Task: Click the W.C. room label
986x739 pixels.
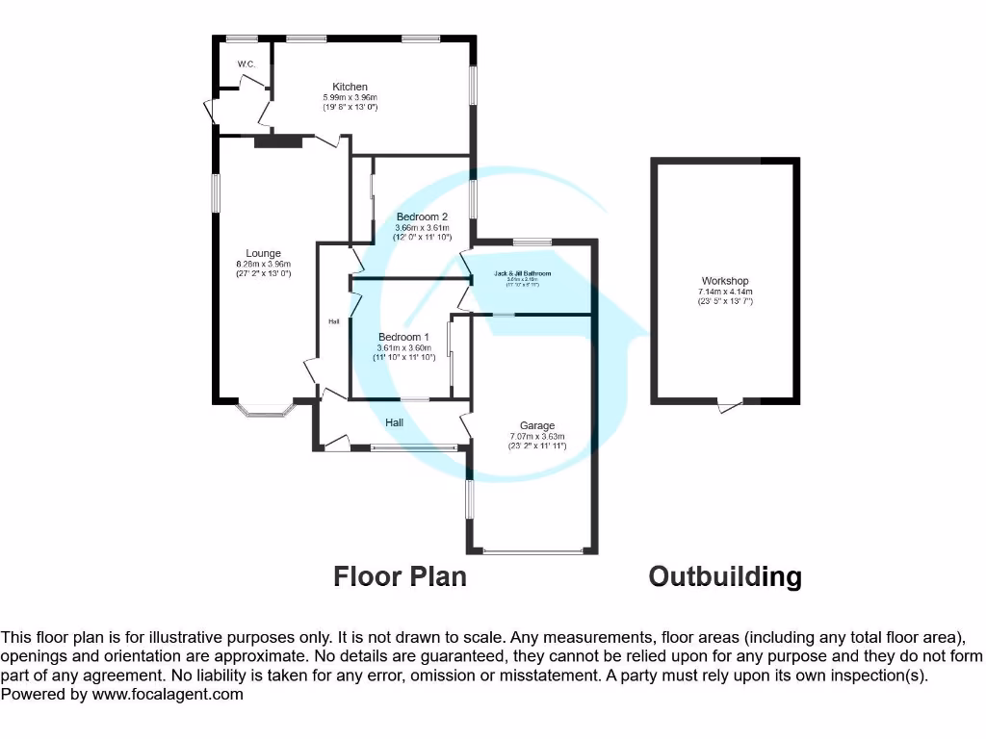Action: tap(244, 64)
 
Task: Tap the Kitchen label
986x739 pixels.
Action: tap(350, 88)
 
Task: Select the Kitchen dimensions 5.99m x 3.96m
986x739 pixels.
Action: tap(350, 98)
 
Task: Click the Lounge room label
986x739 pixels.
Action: tap(263, 254)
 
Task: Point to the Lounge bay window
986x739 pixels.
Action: tap(263, 411)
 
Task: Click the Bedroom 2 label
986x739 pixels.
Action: tap(422, 217)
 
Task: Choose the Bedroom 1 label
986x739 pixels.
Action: tap(404, 337)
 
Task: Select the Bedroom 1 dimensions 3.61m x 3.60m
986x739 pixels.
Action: tap(404, 347)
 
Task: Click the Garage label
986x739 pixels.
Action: tap(537, 425)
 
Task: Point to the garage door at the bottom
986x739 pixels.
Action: tap(533, 551)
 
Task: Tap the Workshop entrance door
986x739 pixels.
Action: tap(732, 406)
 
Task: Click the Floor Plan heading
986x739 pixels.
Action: tap(400, 576)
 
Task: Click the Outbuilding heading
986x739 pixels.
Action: tap(724, 576)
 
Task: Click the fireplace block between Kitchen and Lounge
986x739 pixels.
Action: tap(278, 142)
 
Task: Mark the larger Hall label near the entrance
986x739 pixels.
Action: tap(395, 422)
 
